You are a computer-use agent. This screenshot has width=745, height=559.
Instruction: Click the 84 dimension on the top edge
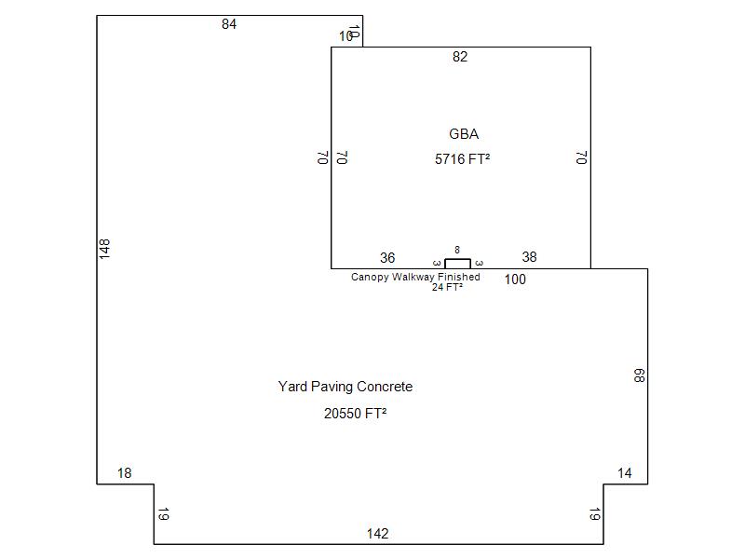[229, 24]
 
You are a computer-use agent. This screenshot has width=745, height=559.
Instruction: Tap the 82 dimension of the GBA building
[460, 57]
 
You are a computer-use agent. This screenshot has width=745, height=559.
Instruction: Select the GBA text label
[464, 134]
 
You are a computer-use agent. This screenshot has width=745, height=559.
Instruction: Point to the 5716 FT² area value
[463, 159]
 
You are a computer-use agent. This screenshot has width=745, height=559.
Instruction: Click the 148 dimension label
[104, 248]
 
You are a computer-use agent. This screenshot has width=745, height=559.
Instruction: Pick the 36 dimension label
[387, 258]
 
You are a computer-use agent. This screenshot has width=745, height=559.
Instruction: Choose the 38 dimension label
[529, 257]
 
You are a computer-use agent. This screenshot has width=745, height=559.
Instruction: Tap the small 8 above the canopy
[457, 250]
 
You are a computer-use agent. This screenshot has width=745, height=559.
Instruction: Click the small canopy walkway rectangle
[457, 264]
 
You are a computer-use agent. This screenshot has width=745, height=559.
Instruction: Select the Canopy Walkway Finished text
[415, 277]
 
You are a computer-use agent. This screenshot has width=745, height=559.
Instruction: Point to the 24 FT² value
[447, 287]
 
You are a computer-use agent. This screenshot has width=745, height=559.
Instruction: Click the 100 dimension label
[515, 279]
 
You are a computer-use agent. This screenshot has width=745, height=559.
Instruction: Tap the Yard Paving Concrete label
[345, 387]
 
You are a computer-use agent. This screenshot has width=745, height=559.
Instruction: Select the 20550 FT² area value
[355, 414]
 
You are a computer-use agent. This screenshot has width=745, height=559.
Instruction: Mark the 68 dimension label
[639, 375]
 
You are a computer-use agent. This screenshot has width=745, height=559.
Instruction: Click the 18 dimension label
[125, 473]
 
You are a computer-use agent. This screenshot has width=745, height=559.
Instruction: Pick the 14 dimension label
[625, 473]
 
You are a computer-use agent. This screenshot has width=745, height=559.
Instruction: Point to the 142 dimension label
[377, 534]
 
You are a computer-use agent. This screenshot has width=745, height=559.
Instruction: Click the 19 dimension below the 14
[594, 514]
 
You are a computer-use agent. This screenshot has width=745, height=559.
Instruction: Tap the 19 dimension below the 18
[163, 514]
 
